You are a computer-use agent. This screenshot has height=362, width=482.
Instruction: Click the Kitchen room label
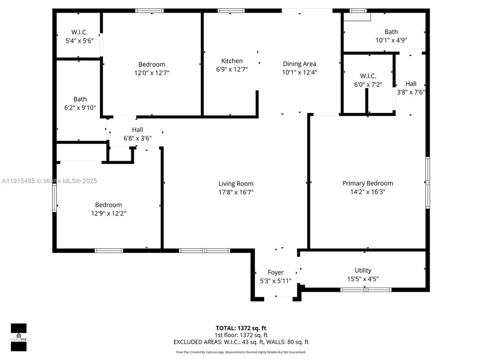232,61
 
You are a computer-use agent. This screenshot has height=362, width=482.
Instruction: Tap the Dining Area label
299,64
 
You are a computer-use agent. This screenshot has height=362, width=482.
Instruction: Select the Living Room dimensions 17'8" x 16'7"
235,192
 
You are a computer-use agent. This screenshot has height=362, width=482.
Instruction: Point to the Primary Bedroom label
368,183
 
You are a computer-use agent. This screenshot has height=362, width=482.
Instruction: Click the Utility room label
363,270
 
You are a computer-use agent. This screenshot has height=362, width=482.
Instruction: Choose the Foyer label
276,273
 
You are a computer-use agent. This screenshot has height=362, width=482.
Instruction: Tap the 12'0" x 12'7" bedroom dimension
152,72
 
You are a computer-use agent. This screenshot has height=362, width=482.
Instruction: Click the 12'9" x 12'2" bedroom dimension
108,213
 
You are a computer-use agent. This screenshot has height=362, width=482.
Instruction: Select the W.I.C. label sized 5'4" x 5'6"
79,32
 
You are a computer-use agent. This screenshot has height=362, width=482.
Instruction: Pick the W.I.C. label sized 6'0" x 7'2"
368,76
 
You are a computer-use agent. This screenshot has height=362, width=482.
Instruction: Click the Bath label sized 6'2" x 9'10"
80,99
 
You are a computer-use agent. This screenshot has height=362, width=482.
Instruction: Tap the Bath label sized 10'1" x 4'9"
391,32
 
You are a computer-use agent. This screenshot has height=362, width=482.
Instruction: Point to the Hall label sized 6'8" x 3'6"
137,130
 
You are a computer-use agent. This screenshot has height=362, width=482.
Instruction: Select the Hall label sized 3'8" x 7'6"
411,84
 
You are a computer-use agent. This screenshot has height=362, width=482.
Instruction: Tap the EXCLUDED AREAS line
240,342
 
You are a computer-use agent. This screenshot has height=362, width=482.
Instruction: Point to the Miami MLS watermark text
49,180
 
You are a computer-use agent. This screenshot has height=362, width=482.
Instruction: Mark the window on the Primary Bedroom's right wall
428,183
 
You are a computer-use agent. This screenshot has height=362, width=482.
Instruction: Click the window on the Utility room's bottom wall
366,290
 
